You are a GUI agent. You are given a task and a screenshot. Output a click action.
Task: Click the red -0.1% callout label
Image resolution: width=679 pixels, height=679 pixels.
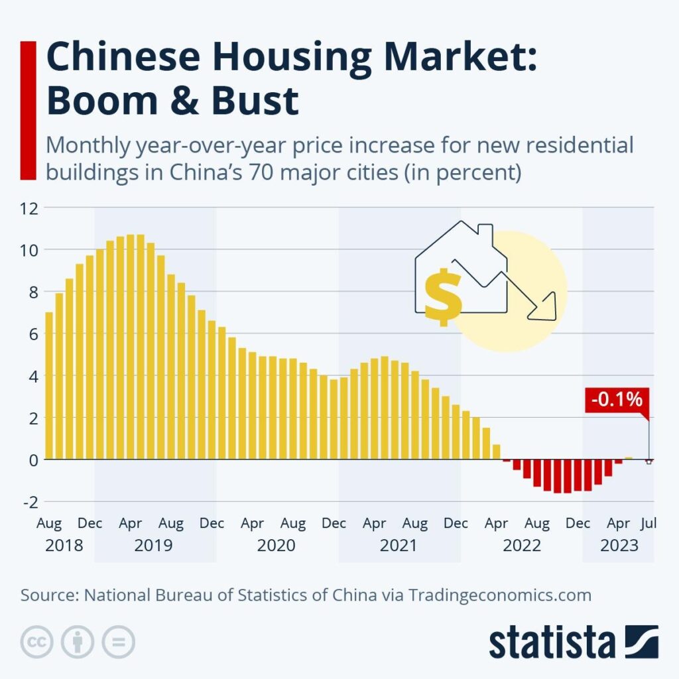pyautogui.click(x=616, y=401)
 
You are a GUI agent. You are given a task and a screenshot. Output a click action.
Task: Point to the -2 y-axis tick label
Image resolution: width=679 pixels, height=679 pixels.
pyautogui.click(x=30, y=501)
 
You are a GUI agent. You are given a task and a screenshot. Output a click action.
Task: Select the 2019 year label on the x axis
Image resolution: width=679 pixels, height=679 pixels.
pyautogui.click(x=153, y=546)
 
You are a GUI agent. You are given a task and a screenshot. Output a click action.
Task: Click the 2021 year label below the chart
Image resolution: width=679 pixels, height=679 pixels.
pyautogui.click(x=399, y=546)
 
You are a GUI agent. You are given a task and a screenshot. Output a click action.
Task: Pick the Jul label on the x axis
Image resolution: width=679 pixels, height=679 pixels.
pyautogui.click(x=648, y=524)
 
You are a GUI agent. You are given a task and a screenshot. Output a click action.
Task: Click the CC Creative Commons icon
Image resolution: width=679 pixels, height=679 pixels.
pyautogui.click(x=37, y=642)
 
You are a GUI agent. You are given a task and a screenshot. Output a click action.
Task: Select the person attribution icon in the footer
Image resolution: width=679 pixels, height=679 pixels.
pyautogui.click(x=78, y=642)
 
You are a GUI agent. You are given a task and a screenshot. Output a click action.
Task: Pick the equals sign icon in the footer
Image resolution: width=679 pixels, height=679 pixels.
pyautogui.click(x=118, y=642)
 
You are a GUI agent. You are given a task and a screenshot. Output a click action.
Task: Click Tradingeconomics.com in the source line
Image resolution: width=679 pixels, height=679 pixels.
pyautogui.click(x=499, y=595)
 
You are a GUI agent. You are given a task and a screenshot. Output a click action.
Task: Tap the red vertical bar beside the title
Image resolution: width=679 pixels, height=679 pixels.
pyautogui.click(x=28, y=110)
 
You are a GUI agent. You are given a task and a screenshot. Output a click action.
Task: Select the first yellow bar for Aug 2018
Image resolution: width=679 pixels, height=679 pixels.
pyautogui.click(x=48, y=385)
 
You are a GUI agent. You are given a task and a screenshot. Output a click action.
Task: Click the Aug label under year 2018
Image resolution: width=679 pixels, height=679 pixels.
pyautogui.click(x=48, y=524)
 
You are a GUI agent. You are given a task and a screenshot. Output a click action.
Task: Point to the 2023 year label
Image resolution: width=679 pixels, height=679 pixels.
pyautogui.click(x=619, y=546)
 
